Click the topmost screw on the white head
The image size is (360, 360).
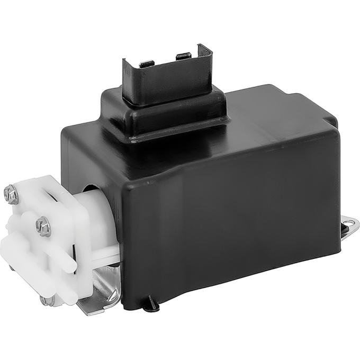pyautogui.click(x=11, y=194)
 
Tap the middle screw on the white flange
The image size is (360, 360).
pyautogui.click(x=43, y=227)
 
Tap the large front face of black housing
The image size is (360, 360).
pyautogui.click(x=228, y=228)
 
